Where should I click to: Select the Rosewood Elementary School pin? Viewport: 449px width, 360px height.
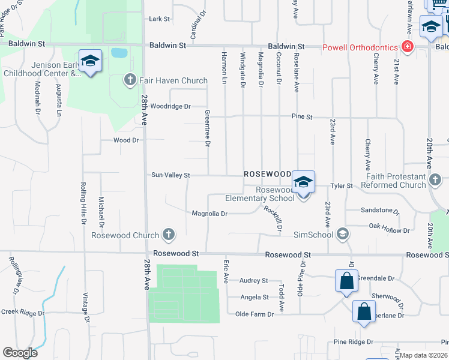[x=303, y=182]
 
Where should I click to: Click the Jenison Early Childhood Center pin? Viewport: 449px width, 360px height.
[x=90, y=61]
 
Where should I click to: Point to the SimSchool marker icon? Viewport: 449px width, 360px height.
[x=343, y=234]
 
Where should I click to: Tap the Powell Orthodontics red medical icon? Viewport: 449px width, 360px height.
[x=408, y=47]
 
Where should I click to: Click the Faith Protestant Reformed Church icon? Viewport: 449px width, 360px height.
[x=436, y=179]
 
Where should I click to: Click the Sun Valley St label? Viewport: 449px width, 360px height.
[x=170, y=175]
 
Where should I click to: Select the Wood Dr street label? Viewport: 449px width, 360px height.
[x=126, y=140]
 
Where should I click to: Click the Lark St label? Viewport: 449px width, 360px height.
[x=160, y=19]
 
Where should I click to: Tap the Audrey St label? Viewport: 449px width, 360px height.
[x=253, y=280]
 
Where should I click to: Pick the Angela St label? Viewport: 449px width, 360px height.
[x=254, y=297]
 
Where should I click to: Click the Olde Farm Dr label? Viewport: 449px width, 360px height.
[x=254, y=314]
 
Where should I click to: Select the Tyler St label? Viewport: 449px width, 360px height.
[x=341, y=186]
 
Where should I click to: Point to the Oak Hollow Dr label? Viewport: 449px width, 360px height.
[x=389, y=230]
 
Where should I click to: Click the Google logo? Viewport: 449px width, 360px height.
[x=20, y=353]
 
